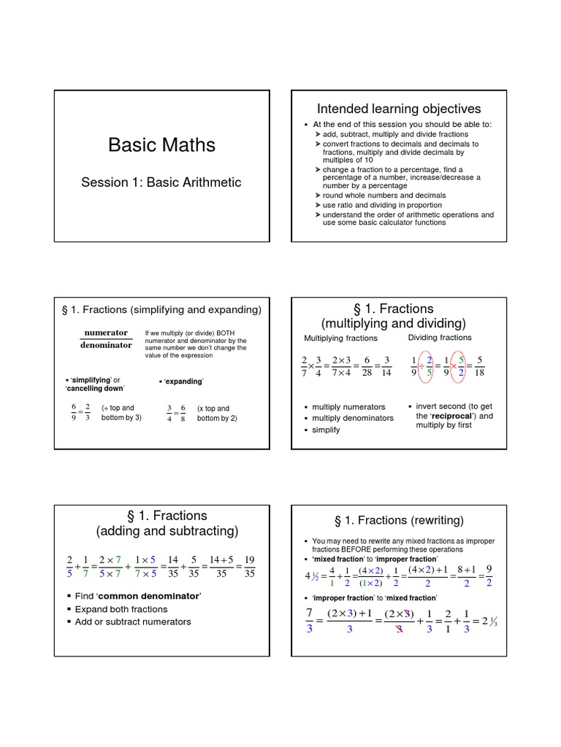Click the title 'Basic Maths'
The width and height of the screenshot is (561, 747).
(x=161, y=145)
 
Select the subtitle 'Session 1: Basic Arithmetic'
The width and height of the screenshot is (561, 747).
(x=161, y=182)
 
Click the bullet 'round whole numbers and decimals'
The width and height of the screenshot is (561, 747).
(x=384, y=196)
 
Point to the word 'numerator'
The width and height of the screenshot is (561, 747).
(x=106, y=333)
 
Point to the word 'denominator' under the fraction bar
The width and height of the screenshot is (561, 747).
(x=106, y=345)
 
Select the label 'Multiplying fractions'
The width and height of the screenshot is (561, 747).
(x=341, y=338)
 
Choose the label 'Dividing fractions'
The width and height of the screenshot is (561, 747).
(x=440, y=337)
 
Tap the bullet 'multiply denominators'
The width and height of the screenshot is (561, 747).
(x=353, y=418)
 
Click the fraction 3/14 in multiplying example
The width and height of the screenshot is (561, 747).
(x=386, y=367)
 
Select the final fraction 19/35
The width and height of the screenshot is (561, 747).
(x=250, y=566)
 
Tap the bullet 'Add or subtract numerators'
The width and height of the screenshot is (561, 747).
(x=133, y=622)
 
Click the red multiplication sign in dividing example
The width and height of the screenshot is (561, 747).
(x=453, y=366)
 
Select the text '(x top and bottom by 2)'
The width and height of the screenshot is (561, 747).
(x=217, y=414)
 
